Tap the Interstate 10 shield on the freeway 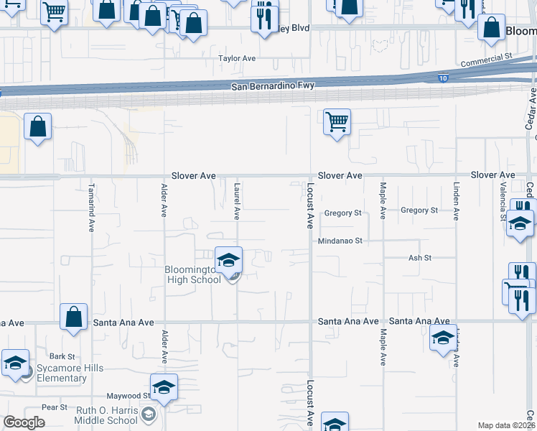(x=442, y=78)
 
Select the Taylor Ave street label (x=237, y=59)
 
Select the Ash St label (x=419, y=258)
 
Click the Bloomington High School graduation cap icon (x=229, y=260)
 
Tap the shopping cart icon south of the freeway (x=336, y=121)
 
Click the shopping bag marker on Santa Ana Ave (x=74, y=316)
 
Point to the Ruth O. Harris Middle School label (x=106, y=415)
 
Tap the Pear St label (x=55, y=407)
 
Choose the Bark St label (x=62, y=356)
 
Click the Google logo (x=24, y=422)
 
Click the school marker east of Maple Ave (x=443, y=336)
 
